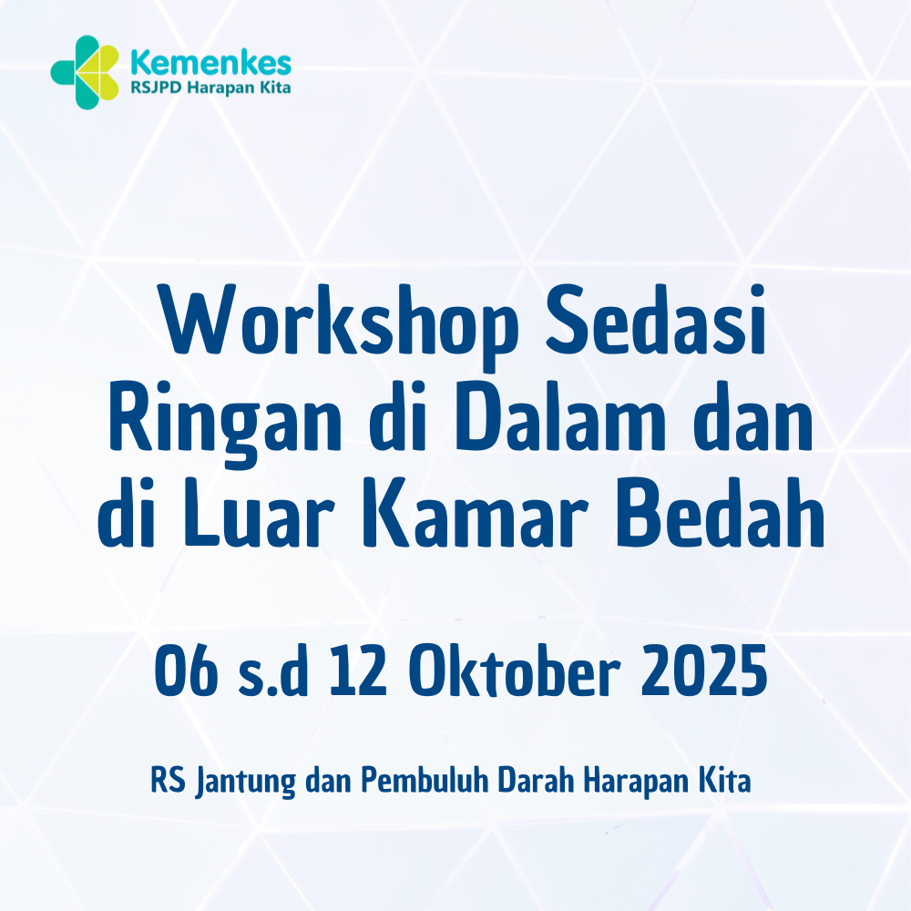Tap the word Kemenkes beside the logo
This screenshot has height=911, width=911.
[x=210, y=62]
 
